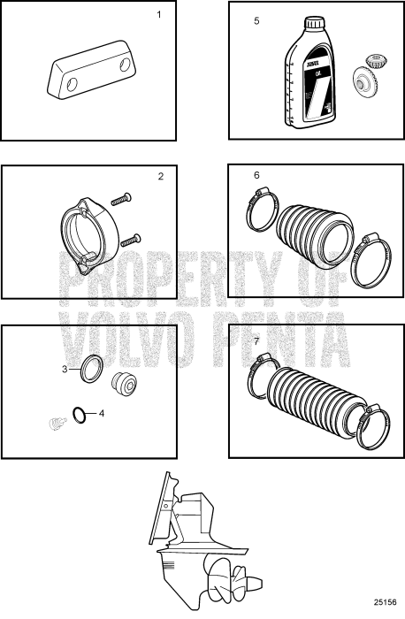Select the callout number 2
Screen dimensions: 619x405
pos(160,176)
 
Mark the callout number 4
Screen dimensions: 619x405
pos(101,413)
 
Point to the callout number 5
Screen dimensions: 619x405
pos(256,19)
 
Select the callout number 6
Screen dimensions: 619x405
pos(256,175)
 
